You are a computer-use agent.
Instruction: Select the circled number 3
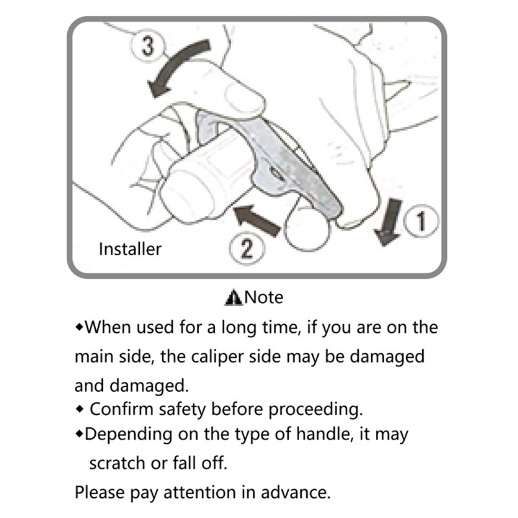(x=147, y=45)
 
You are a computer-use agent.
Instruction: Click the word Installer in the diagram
(x=130, y=249)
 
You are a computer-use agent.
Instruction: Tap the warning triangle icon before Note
(x=233, y=298)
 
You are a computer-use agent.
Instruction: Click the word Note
(x=264, y=298)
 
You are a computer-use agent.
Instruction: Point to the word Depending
(x=128, y=435)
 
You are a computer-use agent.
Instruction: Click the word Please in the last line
(x=100, y=492)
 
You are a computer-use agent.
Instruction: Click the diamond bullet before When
(x=79, y=327)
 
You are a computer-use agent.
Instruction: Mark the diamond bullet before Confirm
(x=79, y=409)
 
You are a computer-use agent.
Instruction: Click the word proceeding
(x=316, y=410)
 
